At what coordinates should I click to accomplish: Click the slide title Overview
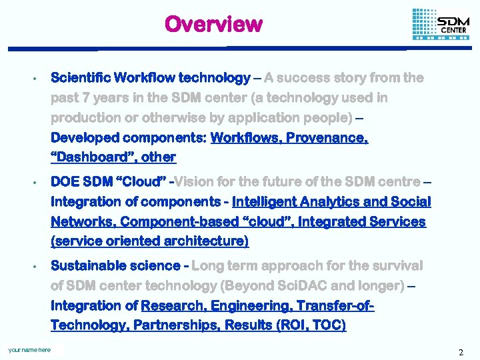[213, 24]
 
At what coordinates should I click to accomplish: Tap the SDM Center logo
[441, 25]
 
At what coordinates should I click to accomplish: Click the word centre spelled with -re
[397, 182]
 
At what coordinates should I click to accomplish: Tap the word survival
[396, 265]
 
